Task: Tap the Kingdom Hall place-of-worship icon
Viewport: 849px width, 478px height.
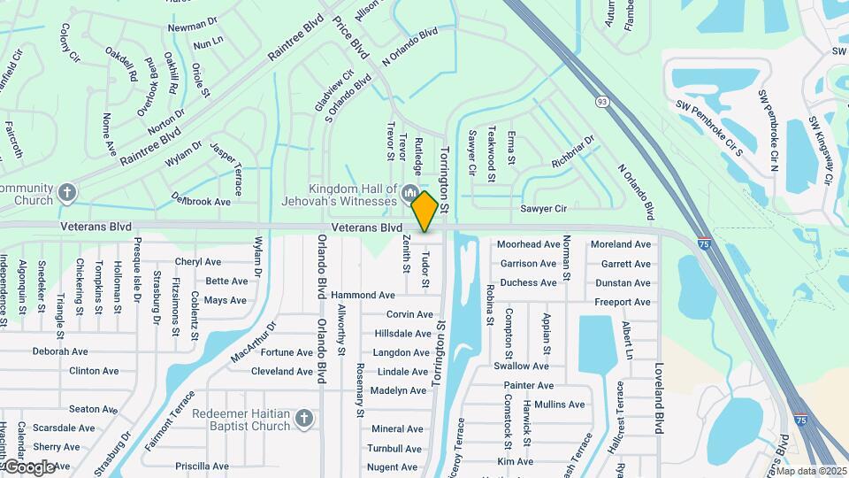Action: point(409,194)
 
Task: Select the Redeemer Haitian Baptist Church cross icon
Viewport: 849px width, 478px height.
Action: point(303,417)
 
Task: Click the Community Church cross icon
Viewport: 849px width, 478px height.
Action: point(67,192)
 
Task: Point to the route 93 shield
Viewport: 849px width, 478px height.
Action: point(602,102)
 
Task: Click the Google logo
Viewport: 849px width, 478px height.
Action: point(29,466)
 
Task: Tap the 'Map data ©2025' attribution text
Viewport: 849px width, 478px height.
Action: point(811,471)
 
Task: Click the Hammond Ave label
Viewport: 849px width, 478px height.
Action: point(363,295)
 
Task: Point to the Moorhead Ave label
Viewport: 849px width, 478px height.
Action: point(529,243)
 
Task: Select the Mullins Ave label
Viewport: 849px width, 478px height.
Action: point(559,405)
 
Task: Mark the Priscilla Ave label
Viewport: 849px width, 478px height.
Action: point(203,466)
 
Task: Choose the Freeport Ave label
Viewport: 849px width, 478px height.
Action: point(623,302)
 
